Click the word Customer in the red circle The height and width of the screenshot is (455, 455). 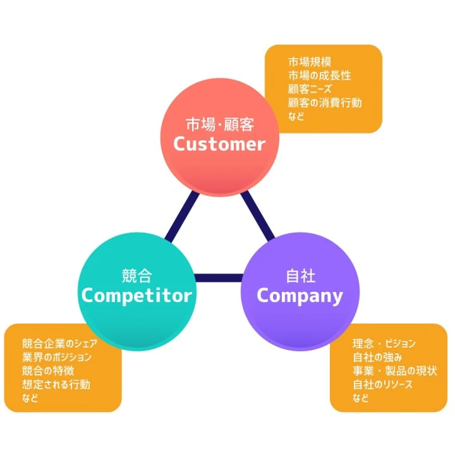point(219,144)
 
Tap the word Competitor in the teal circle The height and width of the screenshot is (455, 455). point(136,295)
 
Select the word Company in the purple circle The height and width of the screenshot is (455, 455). point(300,295)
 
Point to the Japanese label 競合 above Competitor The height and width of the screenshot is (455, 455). point(136,276)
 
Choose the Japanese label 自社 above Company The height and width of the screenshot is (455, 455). point(300,276)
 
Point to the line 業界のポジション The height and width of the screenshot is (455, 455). point(57,357)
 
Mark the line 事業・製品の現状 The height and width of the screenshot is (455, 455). point(394,371)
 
